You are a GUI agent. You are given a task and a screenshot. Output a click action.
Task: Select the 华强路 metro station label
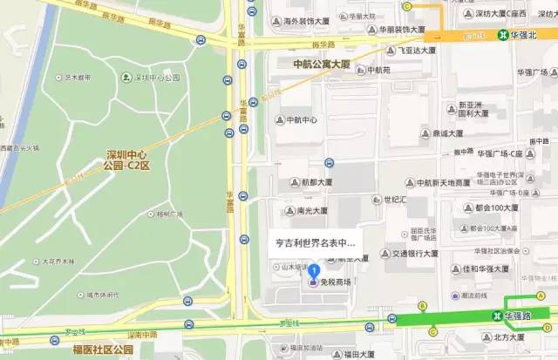tap(521, 315)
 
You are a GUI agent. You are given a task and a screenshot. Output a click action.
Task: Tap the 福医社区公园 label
tap(102, 350)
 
